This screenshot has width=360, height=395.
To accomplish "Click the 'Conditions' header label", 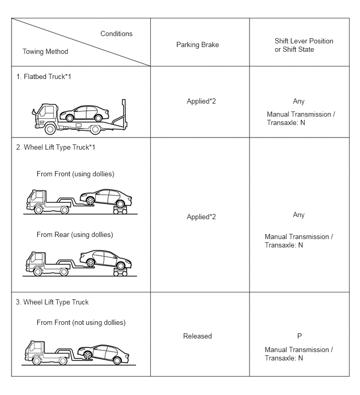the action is pyautogui.click(x=116, y=34).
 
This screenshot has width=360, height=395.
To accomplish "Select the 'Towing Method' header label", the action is pyautogui.click(x=46, y=51).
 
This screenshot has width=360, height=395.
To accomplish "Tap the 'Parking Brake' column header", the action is pyautogui.click(x=197, y=44).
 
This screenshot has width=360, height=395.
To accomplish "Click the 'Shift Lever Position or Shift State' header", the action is pyautogui.click(x=304, y=45).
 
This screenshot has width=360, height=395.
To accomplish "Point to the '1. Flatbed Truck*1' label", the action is pyautogui.click(x=43, y=76).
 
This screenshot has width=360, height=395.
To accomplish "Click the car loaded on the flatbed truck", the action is pyautogui.click(x=84, y=114).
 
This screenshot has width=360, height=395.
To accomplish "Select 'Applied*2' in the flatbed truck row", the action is pyautogui.click(x=201, y=101).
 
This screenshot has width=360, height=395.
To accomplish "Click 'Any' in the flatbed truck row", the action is pyautogui.click(x=299, y=101).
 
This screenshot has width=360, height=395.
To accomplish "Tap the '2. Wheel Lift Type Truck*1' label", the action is pyautogui.click(x=55, y=147).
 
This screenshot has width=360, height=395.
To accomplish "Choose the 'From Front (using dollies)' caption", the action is pyautogui.click(x=75, y=174).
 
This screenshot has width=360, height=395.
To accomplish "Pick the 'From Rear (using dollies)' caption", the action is pyautogui.click(x=75, y=234).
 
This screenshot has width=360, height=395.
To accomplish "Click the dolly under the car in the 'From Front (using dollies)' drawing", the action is pyautogui.click(x=120, y=210).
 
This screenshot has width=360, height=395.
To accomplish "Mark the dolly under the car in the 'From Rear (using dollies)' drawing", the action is pyautogui.click(x=120, y=272).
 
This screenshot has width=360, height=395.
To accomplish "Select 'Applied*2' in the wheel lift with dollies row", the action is pyautogui.click(x=201, y=217).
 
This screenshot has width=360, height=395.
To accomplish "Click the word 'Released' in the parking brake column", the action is pyautogui.click(x=197, y=336).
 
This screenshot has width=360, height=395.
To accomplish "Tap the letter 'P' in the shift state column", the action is pyautogui.click(x=299, y=336).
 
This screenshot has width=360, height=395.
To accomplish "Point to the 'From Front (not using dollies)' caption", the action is pyautogui.click(x=81, y=322).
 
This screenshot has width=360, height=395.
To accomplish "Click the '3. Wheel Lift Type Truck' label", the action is pyautogui.click(x=52, y=302).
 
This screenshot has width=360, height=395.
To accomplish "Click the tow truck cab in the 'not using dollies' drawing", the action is pyautogui.click(x=35, y=350).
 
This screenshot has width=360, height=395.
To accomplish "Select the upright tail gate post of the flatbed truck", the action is pyautogui.click(x=123, y=114).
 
